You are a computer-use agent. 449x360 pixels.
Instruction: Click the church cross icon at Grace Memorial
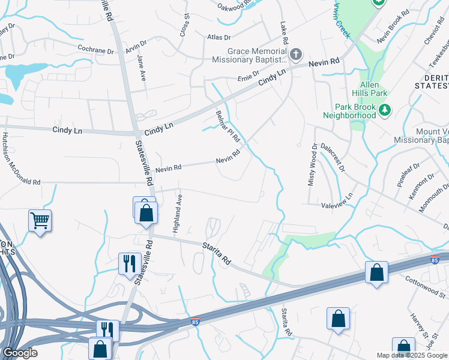[295, 55]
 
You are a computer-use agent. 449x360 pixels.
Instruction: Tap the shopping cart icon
[40, 221]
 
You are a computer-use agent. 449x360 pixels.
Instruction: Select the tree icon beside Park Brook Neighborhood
[385, 110]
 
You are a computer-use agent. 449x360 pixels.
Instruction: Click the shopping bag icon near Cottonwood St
[376, 273]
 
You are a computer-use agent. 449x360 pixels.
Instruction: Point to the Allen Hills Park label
[378, 93]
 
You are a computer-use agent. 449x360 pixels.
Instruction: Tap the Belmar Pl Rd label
[228, 125]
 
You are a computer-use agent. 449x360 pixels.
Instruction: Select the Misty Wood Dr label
[312, 164]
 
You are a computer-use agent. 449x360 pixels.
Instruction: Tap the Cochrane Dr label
[95, 49]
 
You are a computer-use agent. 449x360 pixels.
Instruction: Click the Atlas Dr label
[214, 37]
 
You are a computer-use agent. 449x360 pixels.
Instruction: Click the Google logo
[20, 353]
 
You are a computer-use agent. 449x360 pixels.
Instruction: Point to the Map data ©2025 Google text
[412, 355]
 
